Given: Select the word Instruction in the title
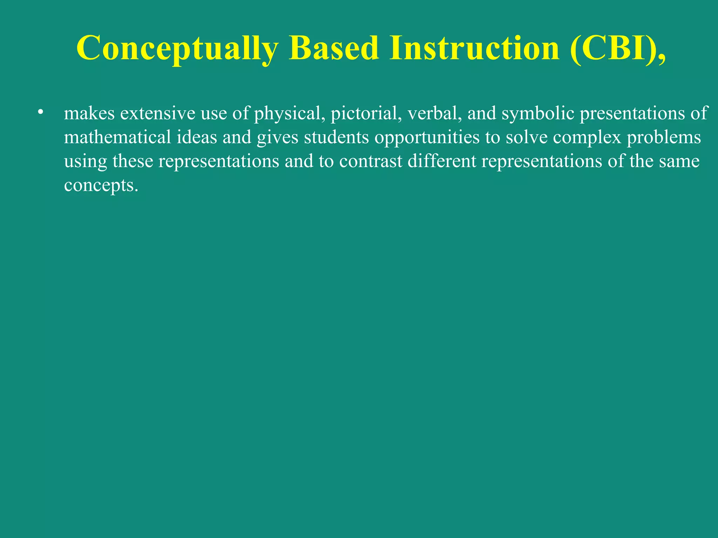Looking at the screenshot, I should (474, 48).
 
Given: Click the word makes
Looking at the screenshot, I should (89, 113).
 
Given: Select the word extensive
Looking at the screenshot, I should (157, 113).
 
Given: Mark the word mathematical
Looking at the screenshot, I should (117, 137).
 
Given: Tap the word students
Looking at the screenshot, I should (336, 137).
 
